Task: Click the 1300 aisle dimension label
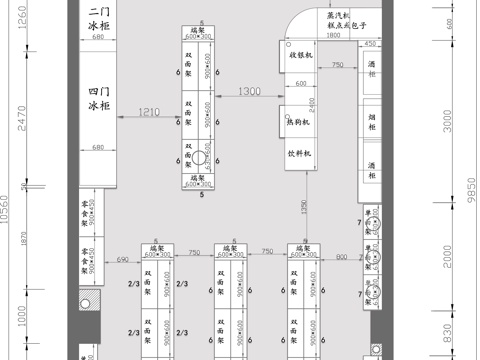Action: click(x=250, y=92)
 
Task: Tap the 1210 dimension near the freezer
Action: click(x=148, y=111)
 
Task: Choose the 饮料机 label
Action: click(x=300, y=155)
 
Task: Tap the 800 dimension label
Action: click(x=341, y=258)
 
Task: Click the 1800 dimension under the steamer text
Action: click(x=332, y=36)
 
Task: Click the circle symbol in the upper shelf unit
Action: click(x=199, y=158)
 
